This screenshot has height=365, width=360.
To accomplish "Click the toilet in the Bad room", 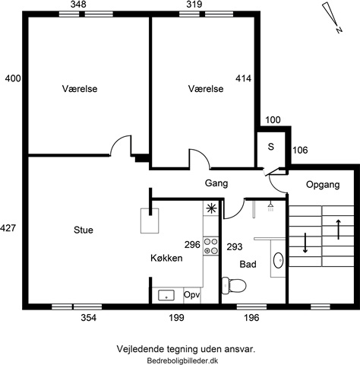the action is (234, 286).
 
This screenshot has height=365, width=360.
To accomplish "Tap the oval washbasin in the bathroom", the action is (279, 260).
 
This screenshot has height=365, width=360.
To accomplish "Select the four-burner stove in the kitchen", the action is (211, 246).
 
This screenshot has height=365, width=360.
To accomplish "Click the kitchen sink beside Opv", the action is (166, 295).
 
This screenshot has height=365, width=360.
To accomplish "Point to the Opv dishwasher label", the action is (191, 294).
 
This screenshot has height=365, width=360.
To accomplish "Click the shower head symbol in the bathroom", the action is (270, 207).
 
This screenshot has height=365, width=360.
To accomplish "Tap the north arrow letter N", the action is (339, 30).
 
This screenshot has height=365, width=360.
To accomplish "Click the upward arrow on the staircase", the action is (338, 230).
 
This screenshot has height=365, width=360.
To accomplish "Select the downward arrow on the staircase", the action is (305, 243).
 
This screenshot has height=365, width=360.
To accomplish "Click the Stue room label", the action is (84, 230).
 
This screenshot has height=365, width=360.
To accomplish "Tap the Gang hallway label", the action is (216, 183).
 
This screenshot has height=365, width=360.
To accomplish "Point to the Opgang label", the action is (323, 185).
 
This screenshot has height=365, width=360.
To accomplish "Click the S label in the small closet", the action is (271, 147).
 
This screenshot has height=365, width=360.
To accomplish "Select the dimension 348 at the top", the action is (78, 5).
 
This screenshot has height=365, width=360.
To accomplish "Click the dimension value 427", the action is (8, 228).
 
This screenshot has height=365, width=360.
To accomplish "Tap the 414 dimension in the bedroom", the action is (244, 78).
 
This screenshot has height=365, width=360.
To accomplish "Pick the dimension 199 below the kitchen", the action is (177, 318).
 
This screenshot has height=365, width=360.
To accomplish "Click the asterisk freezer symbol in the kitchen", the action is (211, 208).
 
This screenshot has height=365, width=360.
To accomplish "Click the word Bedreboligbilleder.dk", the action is (182, 360).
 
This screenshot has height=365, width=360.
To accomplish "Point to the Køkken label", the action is (166, 258).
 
